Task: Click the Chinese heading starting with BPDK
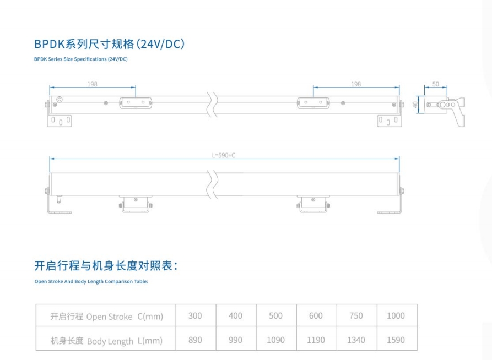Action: pos(109,44)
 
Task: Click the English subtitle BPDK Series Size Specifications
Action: pos(81,59)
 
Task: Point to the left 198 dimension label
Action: pos(92,84)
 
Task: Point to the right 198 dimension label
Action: pos(356,84)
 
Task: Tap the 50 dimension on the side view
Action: pos(435,84)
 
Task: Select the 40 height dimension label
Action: pos(415,105)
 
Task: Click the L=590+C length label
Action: pos(223,155)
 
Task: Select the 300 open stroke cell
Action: pos(195,315)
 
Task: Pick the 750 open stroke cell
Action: pos(356,315)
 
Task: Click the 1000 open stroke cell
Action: pos(396,315)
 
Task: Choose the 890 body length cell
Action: pos(195,340)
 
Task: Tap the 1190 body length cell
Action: pos(316,340)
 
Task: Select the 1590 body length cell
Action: pos(396,340)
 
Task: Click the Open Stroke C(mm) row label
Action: pos(107,316)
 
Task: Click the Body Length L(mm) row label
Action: pos(107,341)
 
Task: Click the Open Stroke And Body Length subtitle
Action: pos(91,281)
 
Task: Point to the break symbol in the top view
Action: pos(213,105)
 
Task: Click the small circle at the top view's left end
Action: pos(60,100)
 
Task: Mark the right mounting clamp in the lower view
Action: pos(313,204)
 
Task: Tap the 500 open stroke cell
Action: pos(275,315)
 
